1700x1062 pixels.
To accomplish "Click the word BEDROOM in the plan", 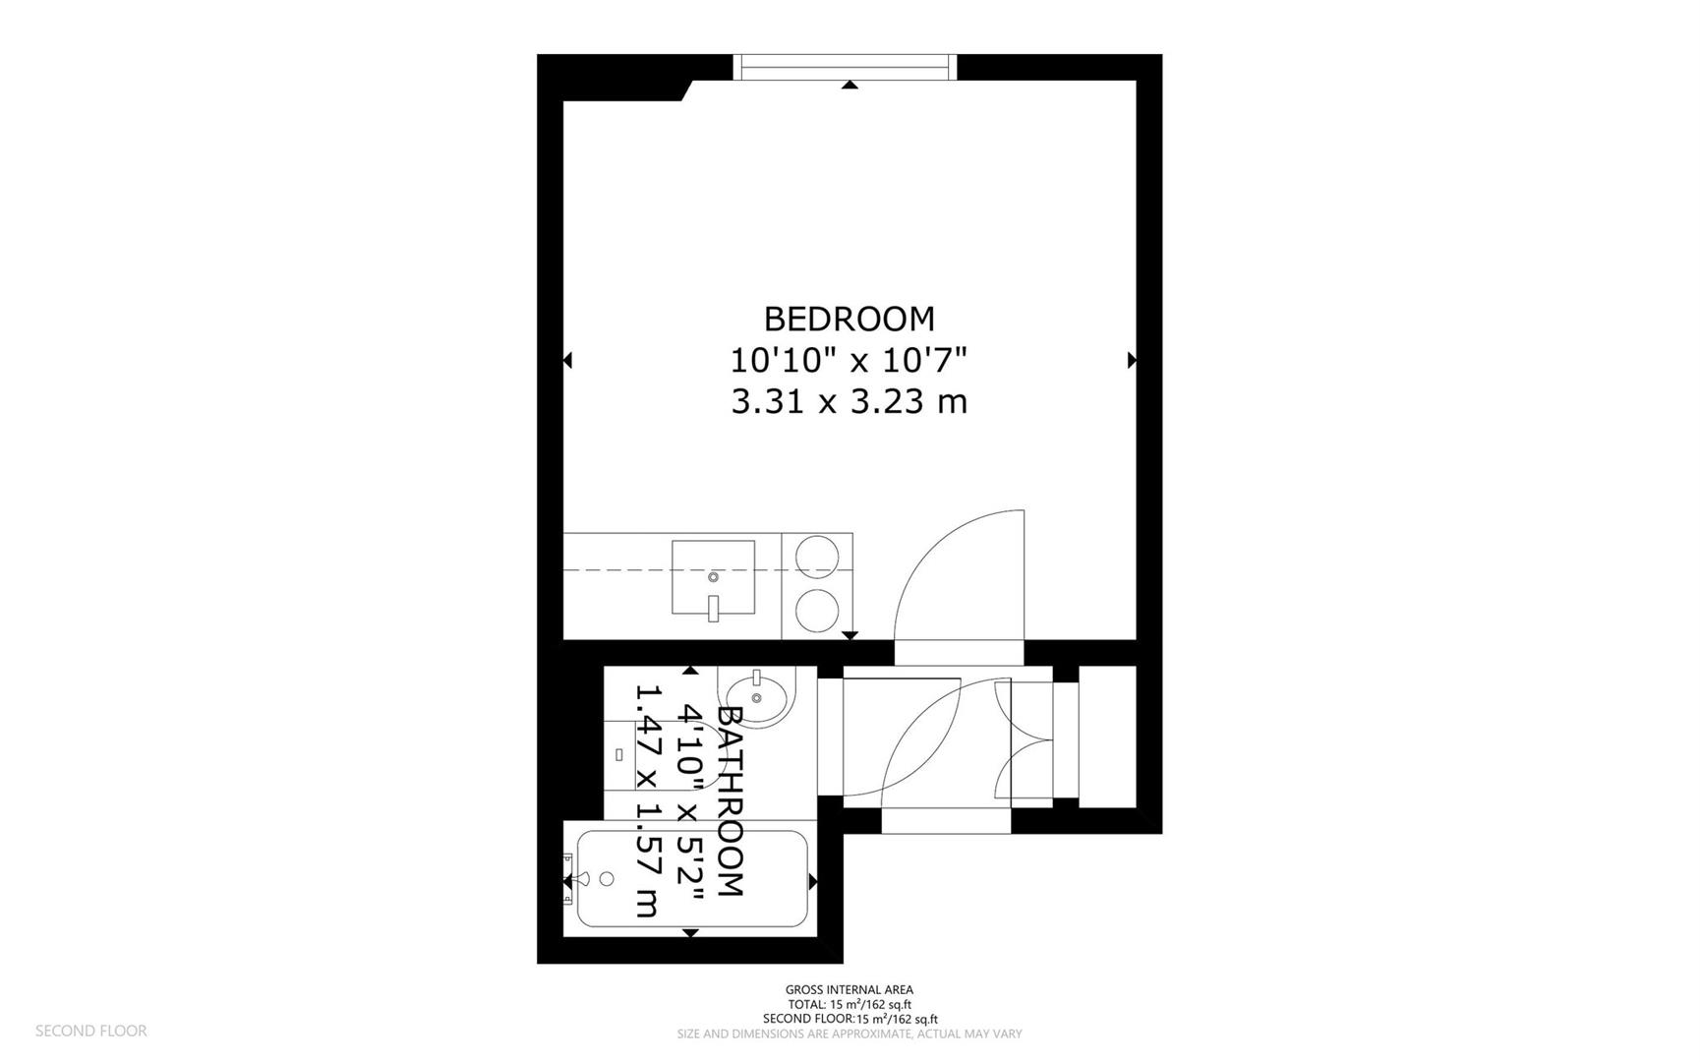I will pyautogui.click(x=849, y=319).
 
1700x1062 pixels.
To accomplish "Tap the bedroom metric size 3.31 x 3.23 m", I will pyautogui.click(x=849, y=401).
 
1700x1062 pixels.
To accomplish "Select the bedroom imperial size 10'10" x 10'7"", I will pyautogui.click(x=849, y=360).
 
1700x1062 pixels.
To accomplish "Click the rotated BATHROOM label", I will pyautogui.click(x=730, y=800).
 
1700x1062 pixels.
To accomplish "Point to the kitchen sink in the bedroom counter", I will pyautogui.click(x=713, y=577).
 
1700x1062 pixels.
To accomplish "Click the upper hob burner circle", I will pyautogui.click(x=815, y=556).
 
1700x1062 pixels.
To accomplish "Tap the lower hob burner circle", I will pyautogui.click(x=815, y=610).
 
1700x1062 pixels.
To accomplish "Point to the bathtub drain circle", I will pyautogui.click(x=607, y=878).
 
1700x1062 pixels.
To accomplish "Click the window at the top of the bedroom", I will pyautogui.click(x=847, y=67).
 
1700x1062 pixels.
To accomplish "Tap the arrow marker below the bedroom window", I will pyautogui.click(x=850, y=86).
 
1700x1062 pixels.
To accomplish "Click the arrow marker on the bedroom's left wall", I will pyautogui.click(x=567, y=361).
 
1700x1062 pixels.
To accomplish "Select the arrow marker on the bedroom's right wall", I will pyautogui.click(x=1132, y=360).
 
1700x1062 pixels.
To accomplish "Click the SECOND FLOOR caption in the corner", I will pyautogui.click(x=90, y=1031).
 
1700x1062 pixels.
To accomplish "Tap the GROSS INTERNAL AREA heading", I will pyautogui.click(x=849, y=989).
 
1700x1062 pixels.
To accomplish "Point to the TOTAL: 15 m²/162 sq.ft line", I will pyautogui.click(x=849, y=1004).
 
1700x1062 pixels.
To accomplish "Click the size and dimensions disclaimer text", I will pyautogui.click(x=849, y=1033).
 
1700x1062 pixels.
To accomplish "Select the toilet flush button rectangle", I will pyautogui.click(x=619, y=754).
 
